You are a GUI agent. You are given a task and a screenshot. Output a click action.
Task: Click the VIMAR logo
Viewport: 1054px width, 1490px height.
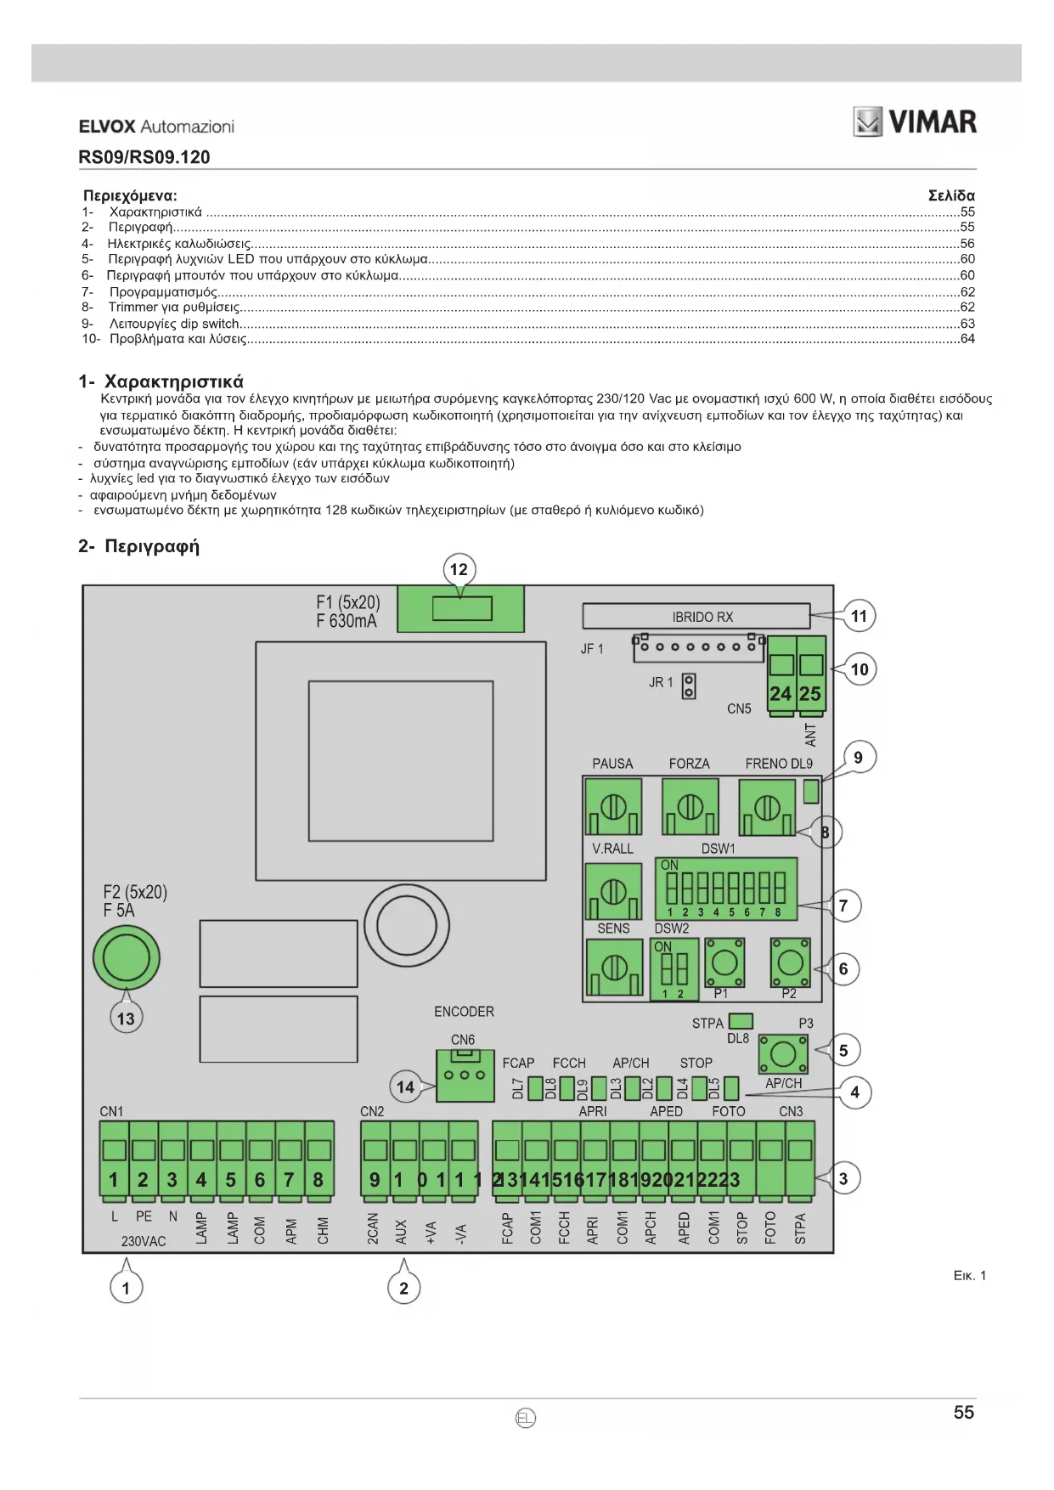pyautogui.click(x=915, y=122)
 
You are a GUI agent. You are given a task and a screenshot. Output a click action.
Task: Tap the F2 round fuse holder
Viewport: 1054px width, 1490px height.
pyautogui.click(x=126, y=957)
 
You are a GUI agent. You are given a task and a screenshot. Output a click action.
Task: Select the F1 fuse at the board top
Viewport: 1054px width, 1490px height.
pyautogui.click(x=461, y=608)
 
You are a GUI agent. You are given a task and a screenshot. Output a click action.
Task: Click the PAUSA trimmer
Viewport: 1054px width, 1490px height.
pyautogui.click(x=613, y=808)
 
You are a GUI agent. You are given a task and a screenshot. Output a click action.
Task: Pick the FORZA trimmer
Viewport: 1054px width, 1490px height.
pyautogui.click(x=690, y=808)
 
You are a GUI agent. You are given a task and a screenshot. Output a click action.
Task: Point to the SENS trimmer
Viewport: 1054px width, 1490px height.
pyautogui.click(x=613, y=968)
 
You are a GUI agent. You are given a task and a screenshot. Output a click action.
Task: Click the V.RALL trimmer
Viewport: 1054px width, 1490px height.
pyautogui.click(x=613, y=891)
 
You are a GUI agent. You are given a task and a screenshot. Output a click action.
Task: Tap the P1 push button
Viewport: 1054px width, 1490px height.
pyautogui.click(x=724, y=962)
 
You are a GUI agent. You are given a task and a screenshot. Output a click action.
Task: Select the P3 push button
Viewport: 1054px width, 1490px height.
pyautogui.click(x=782, y=1054)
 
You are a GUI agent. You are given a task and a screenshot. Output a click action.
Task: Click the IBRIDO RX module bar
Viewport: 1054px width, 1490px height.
pyautogui.click(x=696, y=617)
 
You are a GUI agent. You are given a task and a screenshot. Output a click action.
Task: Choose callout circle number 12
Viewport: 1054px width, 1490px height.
pyautogui.click(x=459, y=569)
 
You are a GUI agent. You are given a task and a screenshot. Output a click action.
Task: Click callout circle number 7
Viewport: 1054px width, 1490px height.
pyautogui.click(x=843, y=906)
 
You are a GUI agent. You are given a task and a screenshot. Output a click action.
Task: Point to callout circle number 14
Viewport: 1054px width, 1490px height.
pyautogui.click(x=405, y=1086)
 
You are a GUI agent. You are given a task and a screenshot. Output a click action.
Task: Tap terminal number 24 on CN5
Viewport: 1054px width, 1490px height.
pyautogui.click(x=781, y=680)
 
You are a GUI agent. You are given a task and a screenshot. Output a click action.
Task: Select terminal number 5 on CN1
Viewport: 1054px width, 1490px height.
pyautogui.click(x=230, y=1161)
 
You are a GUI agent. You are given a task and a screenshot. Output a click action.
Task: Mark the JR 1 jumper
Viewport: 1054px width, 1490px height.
pyautogui.click(x=689, y=686)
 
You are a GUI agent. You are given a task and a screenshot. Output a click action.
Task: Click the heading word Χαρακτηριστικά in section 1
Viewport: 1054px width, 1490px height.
pyautogui.click(x=173, y=381)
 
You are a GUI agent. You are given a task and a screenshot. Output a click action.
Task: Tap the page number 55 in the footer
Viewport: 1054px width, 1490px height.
pyautogui.click(x=963, y=1413)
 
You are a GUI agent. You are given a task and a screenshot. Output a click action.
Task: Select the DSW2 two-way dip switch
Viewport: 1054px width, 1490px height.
pyautogui.click(x=674, y=968)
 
